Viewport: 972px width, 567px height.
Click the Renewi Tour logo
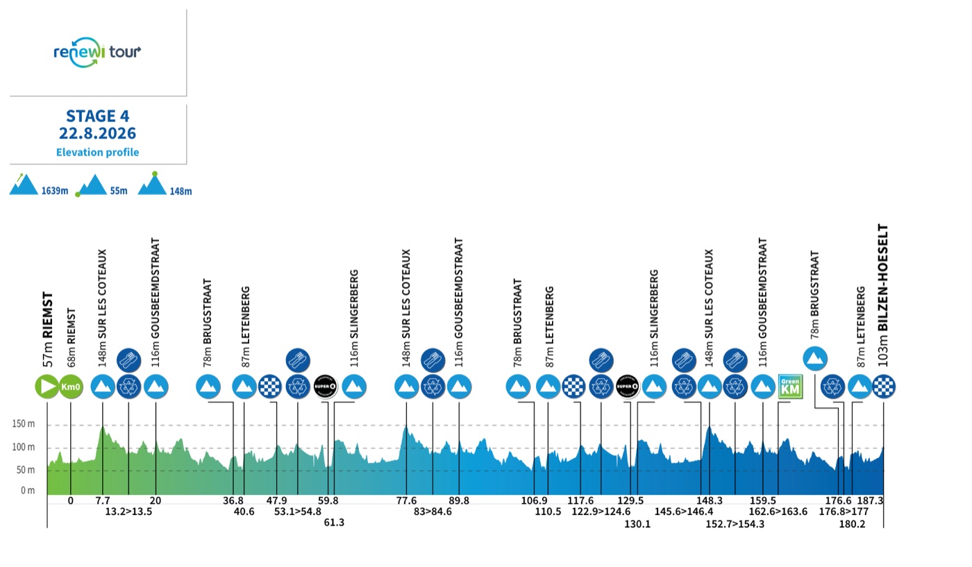click(97, 52)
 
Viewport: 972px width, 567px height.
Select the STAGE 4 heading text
click(98, 116)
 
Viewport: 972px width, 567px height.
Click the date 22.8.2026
click(98, 133)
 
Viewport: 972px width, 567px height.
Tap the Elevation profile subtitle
click(98, 152)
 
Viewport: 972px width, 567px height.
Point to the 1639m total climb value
click(55, 191)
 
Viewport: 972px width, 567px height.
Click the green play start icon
click(47, 386)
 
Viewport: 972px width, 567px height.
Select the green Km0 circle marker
click(71, 386)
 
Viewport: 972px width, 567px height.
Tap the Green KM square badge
click(790, 386)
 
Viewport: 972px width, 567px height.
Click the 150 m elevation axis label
click(24, 424)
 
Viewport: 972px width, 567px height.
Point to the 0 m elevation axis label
click(28, 490)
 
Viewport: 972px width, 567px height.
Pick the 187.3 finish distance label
click(870, 500)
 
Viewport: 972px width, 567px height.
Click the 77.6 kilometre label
click(406, 500)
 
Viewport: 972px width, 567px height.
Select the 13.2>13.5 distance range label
click(128, 511)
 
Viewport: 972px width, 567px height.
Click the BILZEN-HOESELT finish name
click(882, 278)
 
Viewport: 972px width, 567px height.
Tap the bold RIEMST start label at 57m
click(47, 315)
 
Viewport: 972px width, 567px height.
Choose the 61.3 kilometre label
click(334, 523)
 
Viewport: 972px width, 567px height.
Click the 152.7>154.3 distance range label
click(735, 524)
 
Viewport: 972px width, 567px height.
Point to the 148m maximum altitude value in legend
click(181, 192)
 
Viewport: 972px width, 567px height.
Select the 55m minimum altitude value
click(119, 191)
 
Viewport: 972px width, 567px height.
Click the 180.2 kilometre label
click(853, 524)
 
